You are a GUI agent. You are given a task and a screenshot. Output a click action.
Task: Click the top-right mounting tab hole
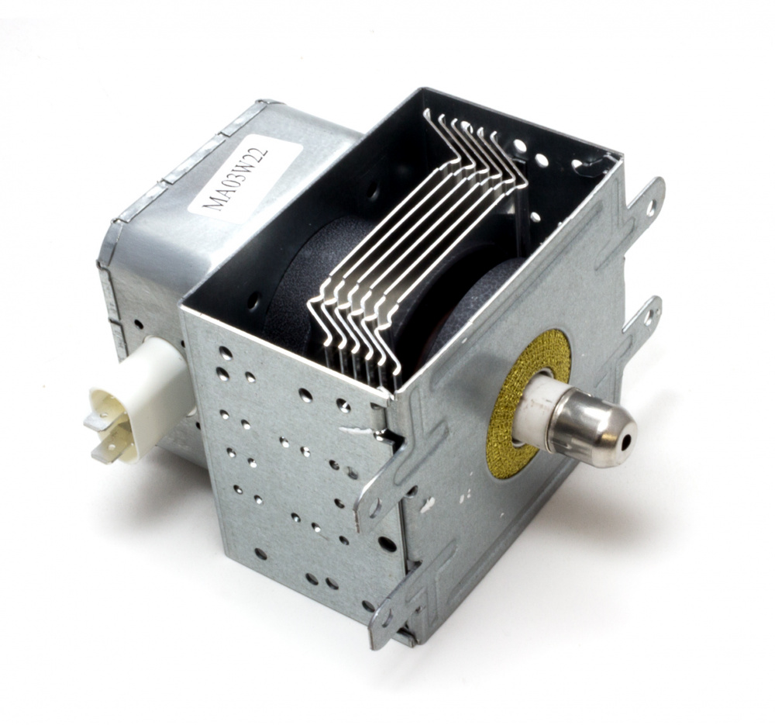(x=652, y=206)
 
